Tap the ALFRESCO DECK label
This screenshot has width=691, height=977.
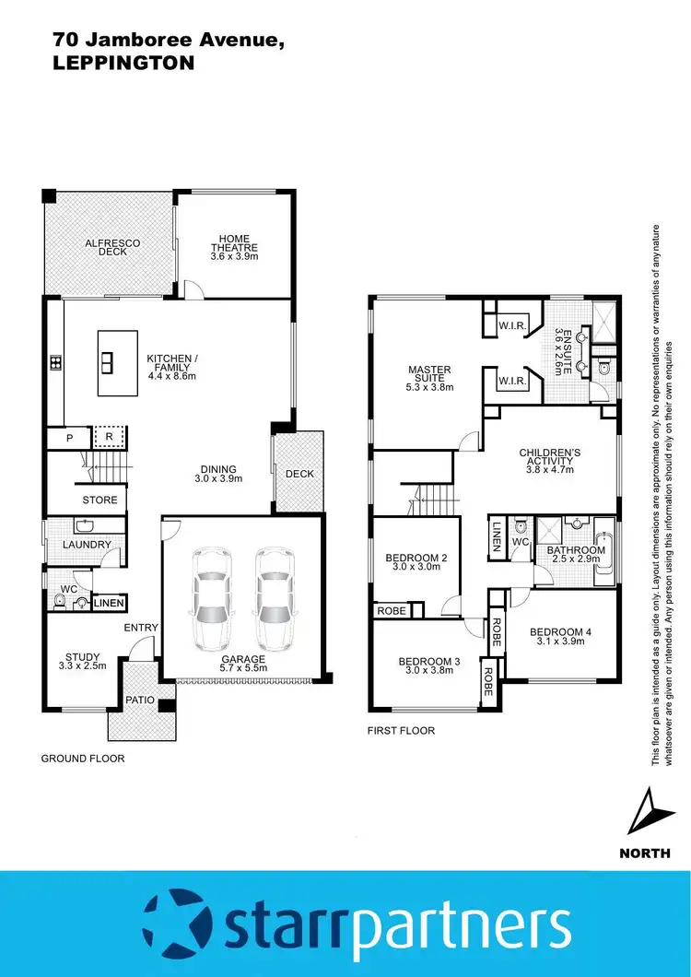112,247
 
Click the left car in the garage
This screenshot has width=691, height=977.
211,599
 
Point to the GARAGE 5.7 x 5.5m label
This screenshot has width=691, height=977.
243,664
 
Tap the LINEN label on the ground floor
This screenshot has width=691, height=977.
109,603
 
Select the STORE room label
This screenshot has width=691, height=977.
100,500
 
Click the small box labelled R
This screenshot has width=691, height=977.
109,436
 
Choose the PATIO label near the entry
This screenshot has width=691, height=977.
140,700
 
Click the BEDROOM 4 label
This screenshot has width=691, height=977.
556,637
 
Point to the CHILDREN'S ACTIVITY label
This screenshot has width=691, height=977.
549,461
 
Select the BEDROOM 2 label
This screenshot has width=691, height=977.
416,562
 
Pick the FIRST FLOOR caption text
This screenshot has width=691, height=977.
402,731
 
